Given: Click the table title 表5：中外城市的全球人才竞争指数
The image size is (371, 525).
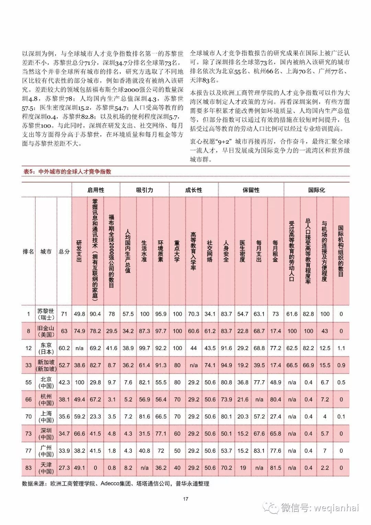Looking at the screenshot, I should [67, 172].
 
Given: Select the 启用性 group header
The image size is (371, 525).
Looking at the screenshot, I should [96, 190].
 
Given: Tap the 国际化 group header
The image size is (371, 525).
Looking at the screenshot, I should [316, 190].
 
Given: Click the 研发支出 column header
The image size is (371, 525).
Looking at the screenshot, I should [79, 251].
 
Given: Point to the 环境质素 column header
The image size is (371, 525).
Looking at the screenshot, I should [160, 251].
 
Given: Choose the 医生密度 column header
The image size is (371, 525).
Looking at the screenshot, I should [243, 251].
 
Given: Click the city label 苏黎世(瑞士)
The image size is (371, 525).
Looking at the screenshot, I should [46, 314].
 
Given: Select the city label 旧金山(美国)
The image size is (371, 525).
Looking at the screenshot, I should [46, 331].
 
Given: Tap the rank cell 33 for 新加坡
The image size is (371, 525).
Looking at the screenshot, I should [29, 365].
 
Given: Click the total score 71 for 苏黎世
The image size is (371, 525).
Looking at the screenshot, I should [64, 314].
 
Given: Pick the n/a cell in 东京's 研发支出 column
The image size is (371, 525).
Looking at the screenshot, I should [79, 348].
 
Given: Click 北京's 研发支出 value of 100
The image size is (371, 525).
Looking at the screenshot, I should [79, 382].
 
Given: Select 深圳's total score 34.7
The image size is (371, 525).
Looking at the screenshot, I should [64, 434].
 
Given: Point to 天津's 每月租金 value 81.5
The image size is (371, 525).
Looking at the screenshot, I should [276, 468].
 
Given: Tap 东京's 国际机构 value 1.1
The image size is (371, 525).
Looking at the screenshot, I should [341, 348].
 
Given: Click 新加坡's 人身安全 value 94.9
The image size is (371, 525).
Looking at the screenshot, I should [226, 365].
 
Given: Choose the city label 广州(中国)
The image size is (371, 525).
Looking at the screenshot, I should [46, 451].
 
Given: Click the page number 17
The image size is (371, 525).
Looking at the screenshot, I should [185, 499].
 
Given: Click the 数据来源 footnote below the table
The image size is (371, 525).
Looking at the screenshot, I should [115, 483].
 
